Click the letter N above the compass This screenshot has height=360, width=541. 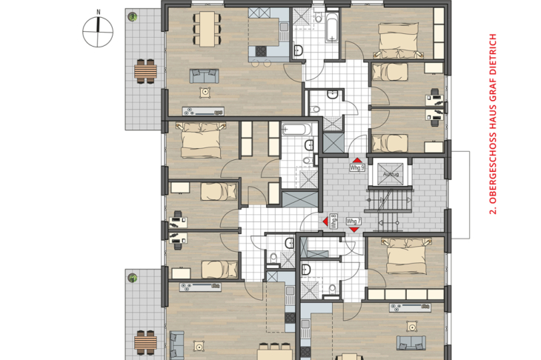coord(99,12)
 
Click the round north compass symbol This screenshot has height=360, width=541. coord(98,32)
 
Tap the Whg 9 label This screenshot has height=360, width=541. coord(357,167)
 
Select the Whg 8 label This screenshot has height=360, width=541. coord(333,221)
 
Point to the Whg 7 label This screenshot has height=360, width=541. coord(354,221)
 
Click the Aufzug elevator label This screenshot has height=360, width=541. coord(391,174)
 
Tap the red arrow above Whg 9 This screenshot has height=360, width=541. coord(357,160)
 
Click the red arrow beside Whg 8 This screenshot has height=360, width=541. coord(325,221)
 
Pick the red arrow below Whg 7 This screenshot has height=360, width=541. coord(354,230)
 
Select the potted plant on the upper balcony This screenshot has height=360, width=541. coord(133,16)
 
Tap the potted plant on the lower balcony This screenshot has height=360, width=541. coord(133,278)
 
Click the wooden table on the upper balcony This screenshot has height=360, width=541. coord(145,71)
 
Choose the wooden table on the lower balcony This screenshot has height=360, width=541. coord(145,342)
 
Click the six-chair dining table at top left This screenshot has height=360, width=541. coord(207,29)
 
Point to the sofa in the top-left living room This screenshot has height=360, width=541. coord(205,76)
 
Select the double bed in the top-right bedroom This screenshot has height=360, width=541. coord(399,40)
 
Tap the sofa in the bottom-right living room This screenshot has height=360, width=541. coord(411,342)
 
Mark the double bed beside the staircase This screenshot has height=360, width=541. coord(406,256)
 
